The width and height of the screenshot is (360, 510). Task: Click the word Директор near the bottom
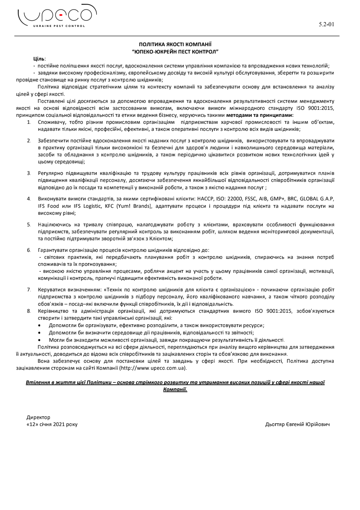point(38,417)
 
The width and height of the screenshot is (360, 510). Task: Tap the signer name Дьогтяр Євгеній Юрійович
point(297,424)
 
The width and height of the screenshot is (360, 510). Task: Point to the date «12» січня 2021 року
point(52,424)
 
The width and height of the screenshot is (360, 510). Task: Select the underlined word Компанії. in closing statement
point(175,389)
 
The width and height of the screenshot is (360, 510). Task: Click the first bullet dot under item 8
point(41,325)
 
